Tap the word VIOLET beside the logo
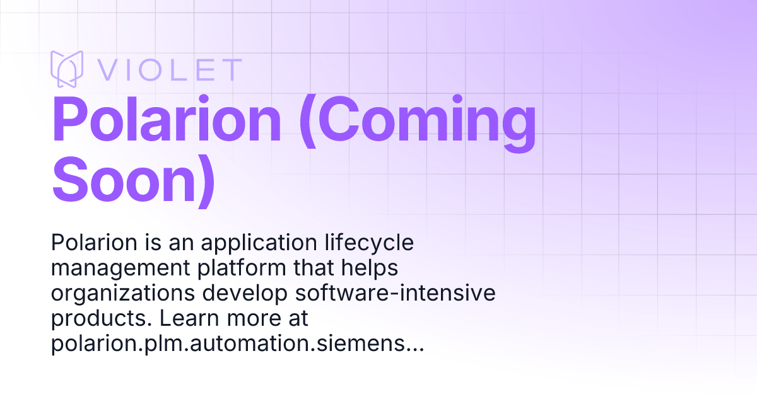pyautogui.click(x=168, y=69)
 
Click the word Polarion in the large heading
pyautogui.click(x=167, y=121)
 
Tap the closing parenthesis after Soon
pyautogui.click(x=205, y=180)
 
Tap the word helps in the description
pyautogui.click(x=373, y=268)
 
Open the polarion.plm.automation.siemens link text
pyautogui.click(x=237, y=343)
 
